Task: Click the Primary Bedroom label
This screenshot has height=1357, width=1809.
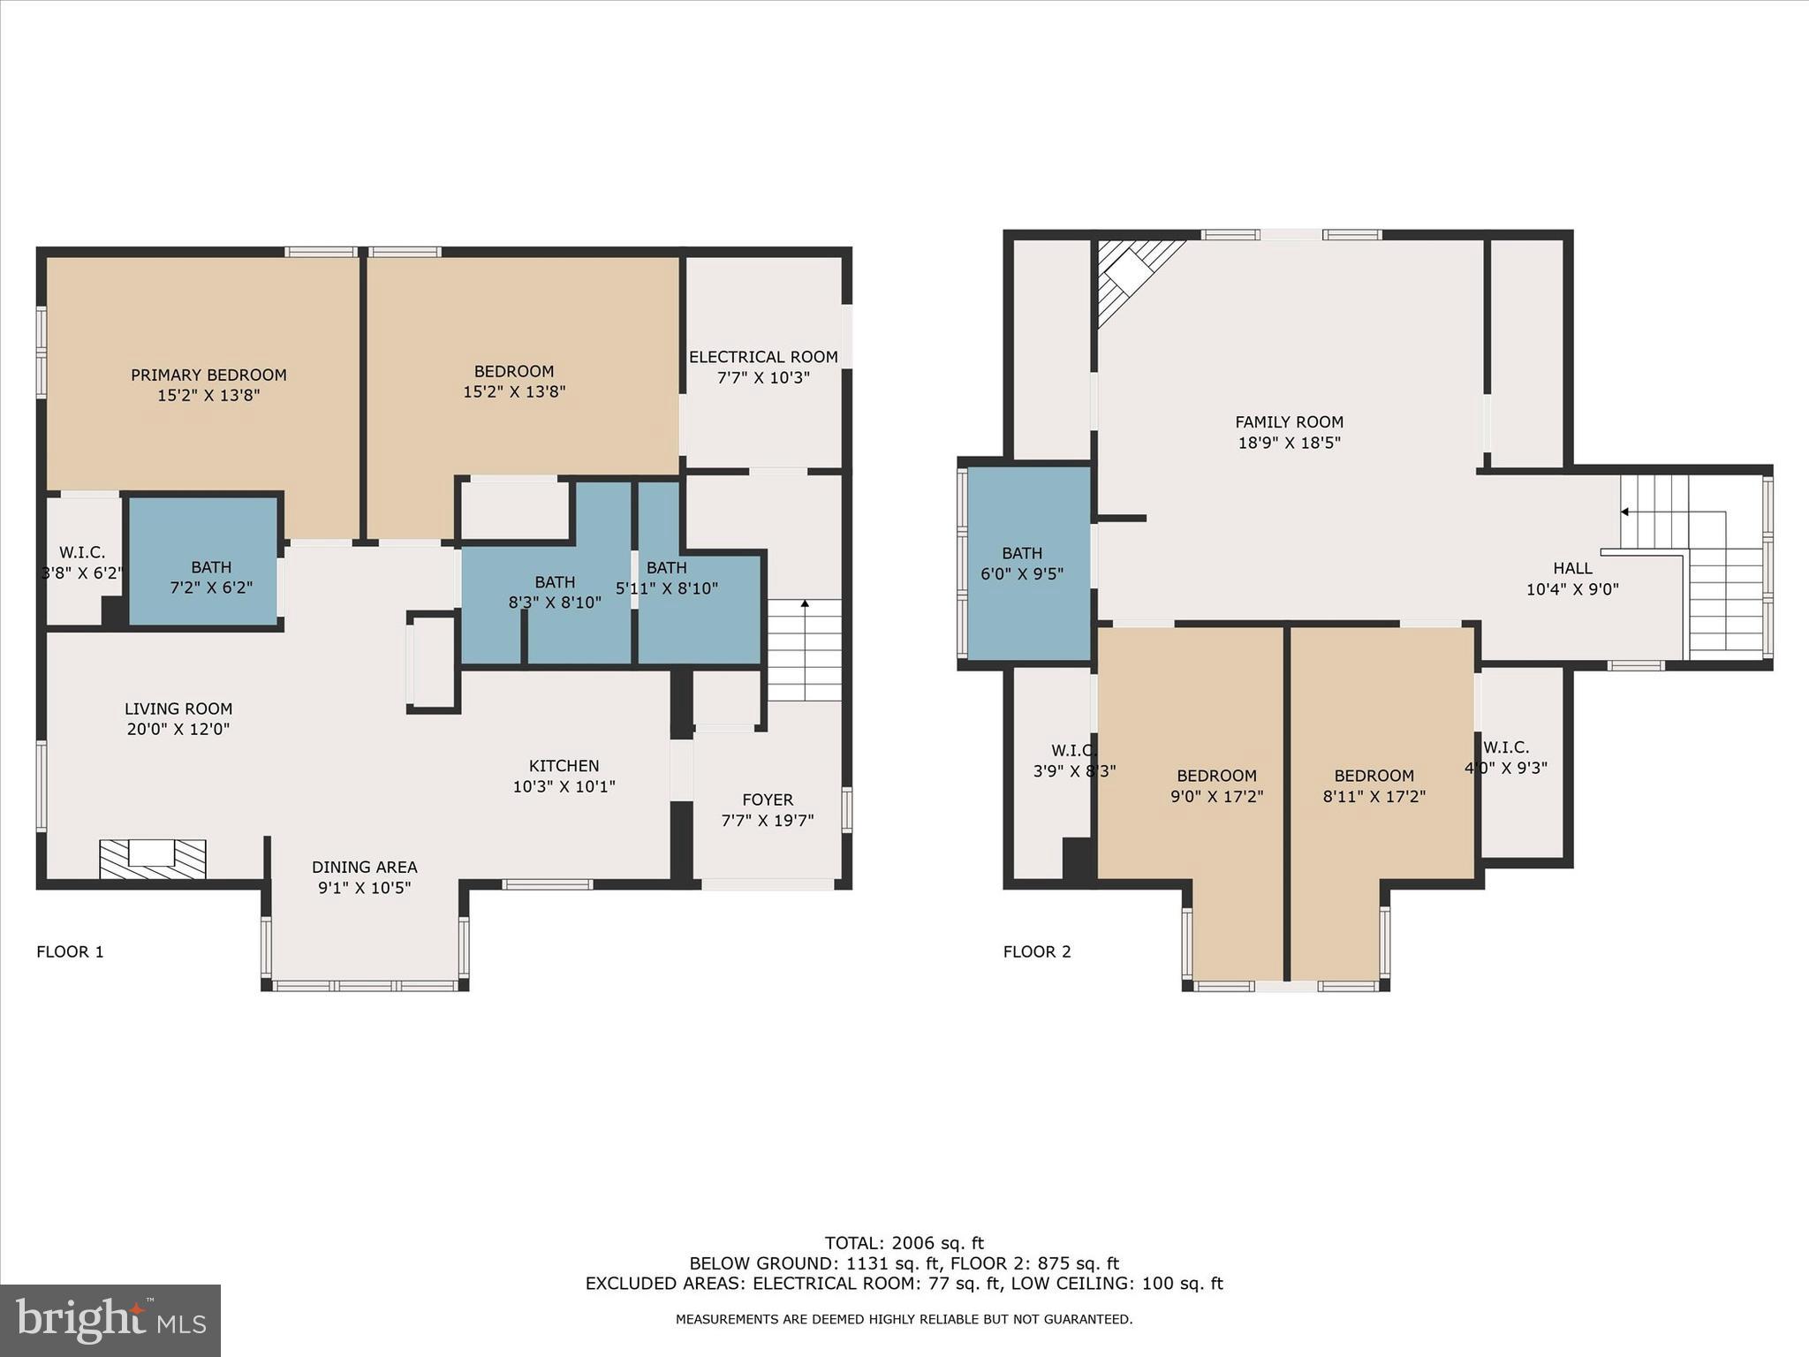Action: click(x=208, y=375)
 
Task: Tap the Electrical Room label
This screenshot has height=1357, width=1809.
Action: click(x=763, y=357)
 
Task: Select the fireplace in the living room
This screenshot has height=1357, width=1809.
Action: click(x=152, y=858)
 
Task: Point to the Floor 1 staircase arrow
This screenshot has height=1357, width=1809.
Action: click(x=804, y=605)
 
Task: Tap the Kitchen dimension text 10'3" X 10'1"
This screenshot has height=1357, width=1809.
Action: click(x=564, y=786)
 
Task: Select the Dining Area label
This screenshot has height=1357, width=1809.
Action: click(x=364, y=868)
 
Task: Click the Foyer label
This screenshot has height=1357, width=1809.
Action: click(x=767, y=800)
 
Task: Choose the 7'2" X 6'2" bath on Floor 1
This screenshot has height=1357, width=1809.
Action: click(x=211, y=577)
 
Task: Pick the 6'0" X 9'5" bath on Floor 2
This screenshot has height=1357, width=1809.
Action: click(x=1022, y=563)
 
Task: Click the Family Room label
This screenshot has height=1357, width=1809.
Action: click(x=1289, y=422)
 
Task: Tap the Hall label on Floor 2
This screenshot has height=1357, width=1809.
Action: click(x=1572, y=569)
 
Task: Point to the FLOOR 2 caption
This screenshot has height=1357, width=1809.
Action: click(x=1037, y=951)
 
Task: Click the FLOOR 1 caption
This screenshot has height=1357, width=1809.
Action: click(x=70, y=951)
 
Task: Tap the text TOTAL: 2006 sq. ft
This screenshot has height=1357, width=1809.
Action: click(x=904, y=1243)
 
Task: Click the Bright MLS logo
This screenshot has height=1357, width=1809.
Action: click(x=110, y=1320)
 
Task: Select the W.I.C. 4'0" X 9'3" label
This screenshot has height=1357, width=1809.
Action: click(x=1506, y=747)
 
